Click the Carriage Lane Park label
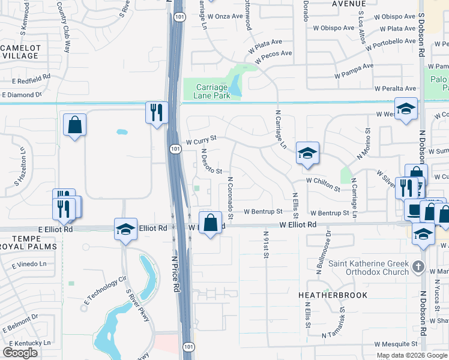(212, 91)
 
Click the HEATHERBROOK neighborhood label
(333, 295)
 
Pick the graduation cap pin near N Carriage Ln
(307, 153)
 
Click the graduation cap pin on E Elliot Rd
(125, 229)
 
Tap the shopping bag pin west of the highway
(74, 125)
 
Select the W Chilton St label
(323, 180)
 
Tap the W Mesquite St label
(396, 344)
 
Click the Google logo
(20, 353)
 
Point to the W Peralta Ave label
(395, 89)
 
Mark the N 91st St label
(265, 245)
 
